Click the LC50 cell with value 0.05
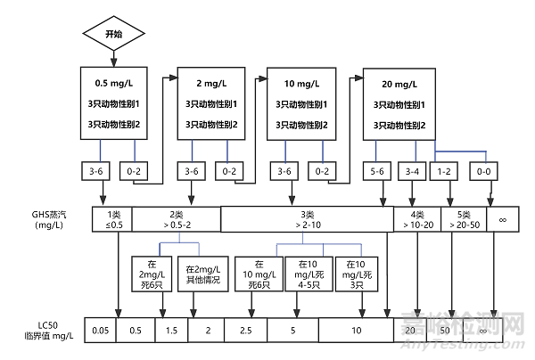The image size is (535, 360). [101, 331]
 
